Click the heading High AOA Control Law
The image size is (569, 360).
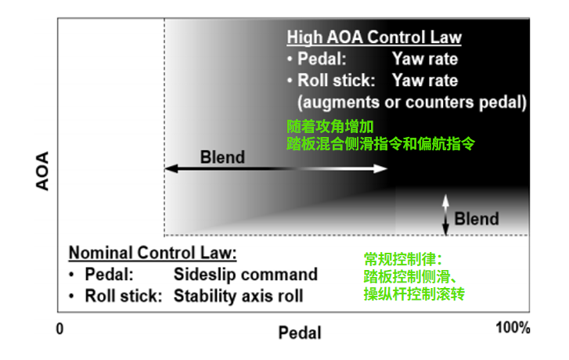point(374,38)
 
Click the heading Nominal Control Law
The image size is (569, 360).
point(152,253)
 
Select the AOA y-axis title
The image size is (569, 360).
point(44,171)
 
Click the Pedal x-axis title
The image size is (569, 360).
point(300,333)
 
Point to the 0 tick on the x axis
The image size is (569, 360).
point(59,328)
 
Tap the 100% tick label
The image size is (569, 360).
point(513,328)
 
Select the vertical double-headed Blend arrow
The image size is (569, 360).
point(445,214)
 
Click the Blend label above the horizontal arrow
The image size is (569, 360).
point(222,157)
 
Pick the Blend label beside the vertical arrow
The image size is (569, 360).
point(477,218)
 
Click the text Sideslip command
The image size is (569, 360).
point(245,275)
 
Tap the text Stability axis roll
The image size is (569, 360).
point(238,296)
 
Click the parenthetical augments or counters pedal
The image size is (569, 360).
point(412,102)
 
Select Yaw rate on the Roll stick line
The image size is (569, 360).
point(425,81)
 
